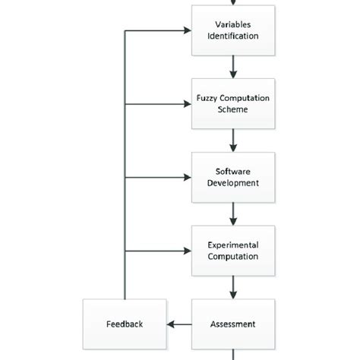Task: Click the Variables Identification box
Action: click(232, 31)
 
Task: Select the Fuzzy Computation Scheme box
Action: click(232, 103)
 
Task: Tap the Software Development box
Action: click(232, 177)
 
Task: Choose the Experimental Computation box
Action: click(232, 251)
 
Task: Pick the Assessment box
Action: click(232, 324)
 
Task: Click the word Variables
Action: click(232, 24)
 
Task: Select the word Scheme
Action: click(232, 109)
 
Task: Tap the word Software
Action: click(232, 171)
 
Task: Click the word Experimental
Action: click(232, 245)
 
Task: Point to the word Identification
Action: click(232, 37)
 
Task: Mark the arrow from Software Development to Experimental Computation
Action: click(232, 214)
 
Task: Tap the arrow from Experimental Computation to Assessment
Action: click(232, 288)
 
